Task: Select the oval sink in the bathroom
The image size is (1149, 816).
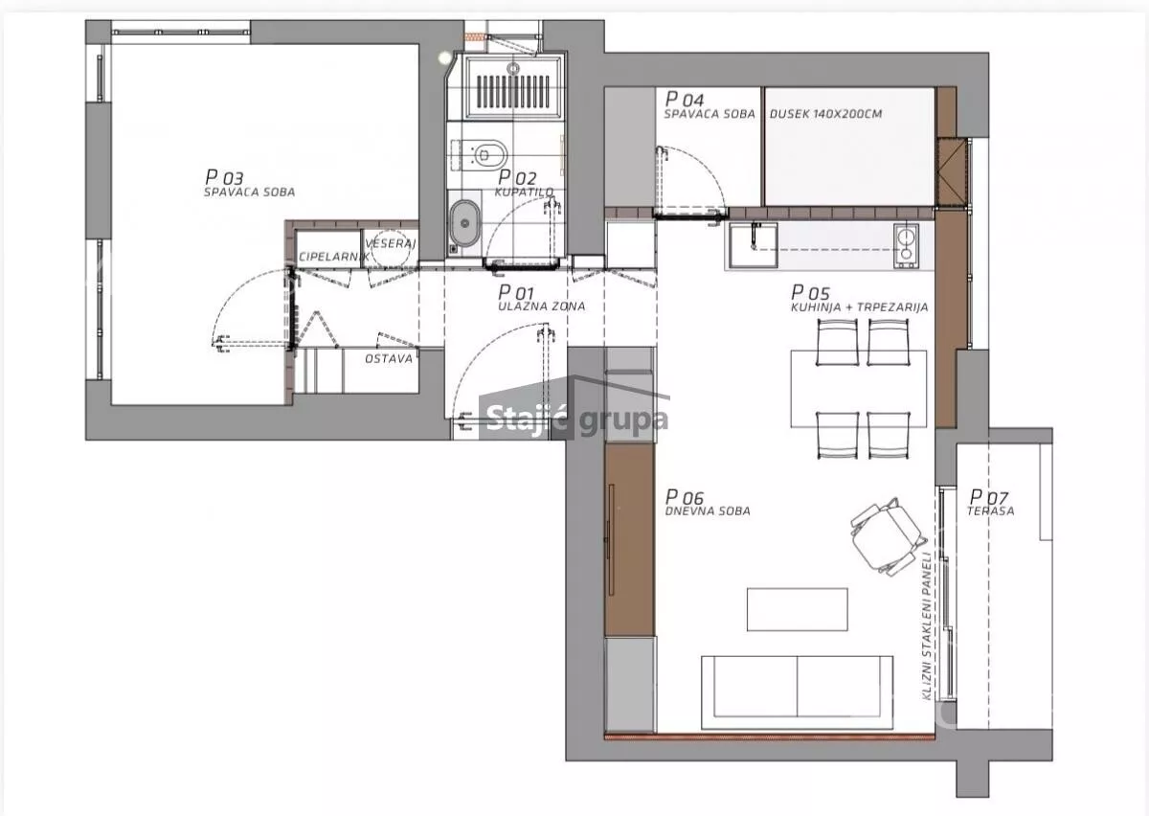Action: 464,223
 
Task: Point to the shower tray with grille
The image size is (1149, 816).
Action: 513,88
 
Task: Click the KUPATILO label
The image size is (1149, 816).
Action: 525,192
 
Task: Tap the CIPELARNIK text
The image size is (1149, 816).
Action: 334,256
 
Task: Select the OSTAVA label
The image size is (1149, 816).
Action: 389,359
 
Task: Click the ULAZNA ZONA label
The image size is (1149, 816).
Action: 542,306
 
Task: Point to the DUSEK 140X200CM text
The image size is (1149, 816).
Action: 825,114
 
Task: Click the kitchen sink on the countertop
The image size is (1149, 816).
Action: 754,245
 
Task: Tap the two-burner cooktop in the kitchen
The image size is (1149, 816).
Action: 906,245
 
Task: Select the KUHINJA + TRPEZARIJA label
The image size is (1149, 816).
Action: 860,306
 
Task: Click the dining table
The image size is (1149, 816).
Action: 859,389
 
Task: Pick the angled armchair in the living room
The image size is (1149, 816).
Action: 889,536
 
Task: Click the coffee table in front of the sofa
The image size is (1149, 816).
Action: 797,609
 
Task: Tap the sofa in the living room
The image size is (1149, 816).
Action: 797,691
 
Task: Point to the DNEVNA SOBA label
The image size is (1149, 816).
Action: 708,511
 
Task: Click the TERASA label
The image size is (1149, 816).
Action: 990,511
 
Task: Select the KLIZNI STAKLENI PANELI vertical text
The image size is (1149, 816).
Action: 927,625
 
